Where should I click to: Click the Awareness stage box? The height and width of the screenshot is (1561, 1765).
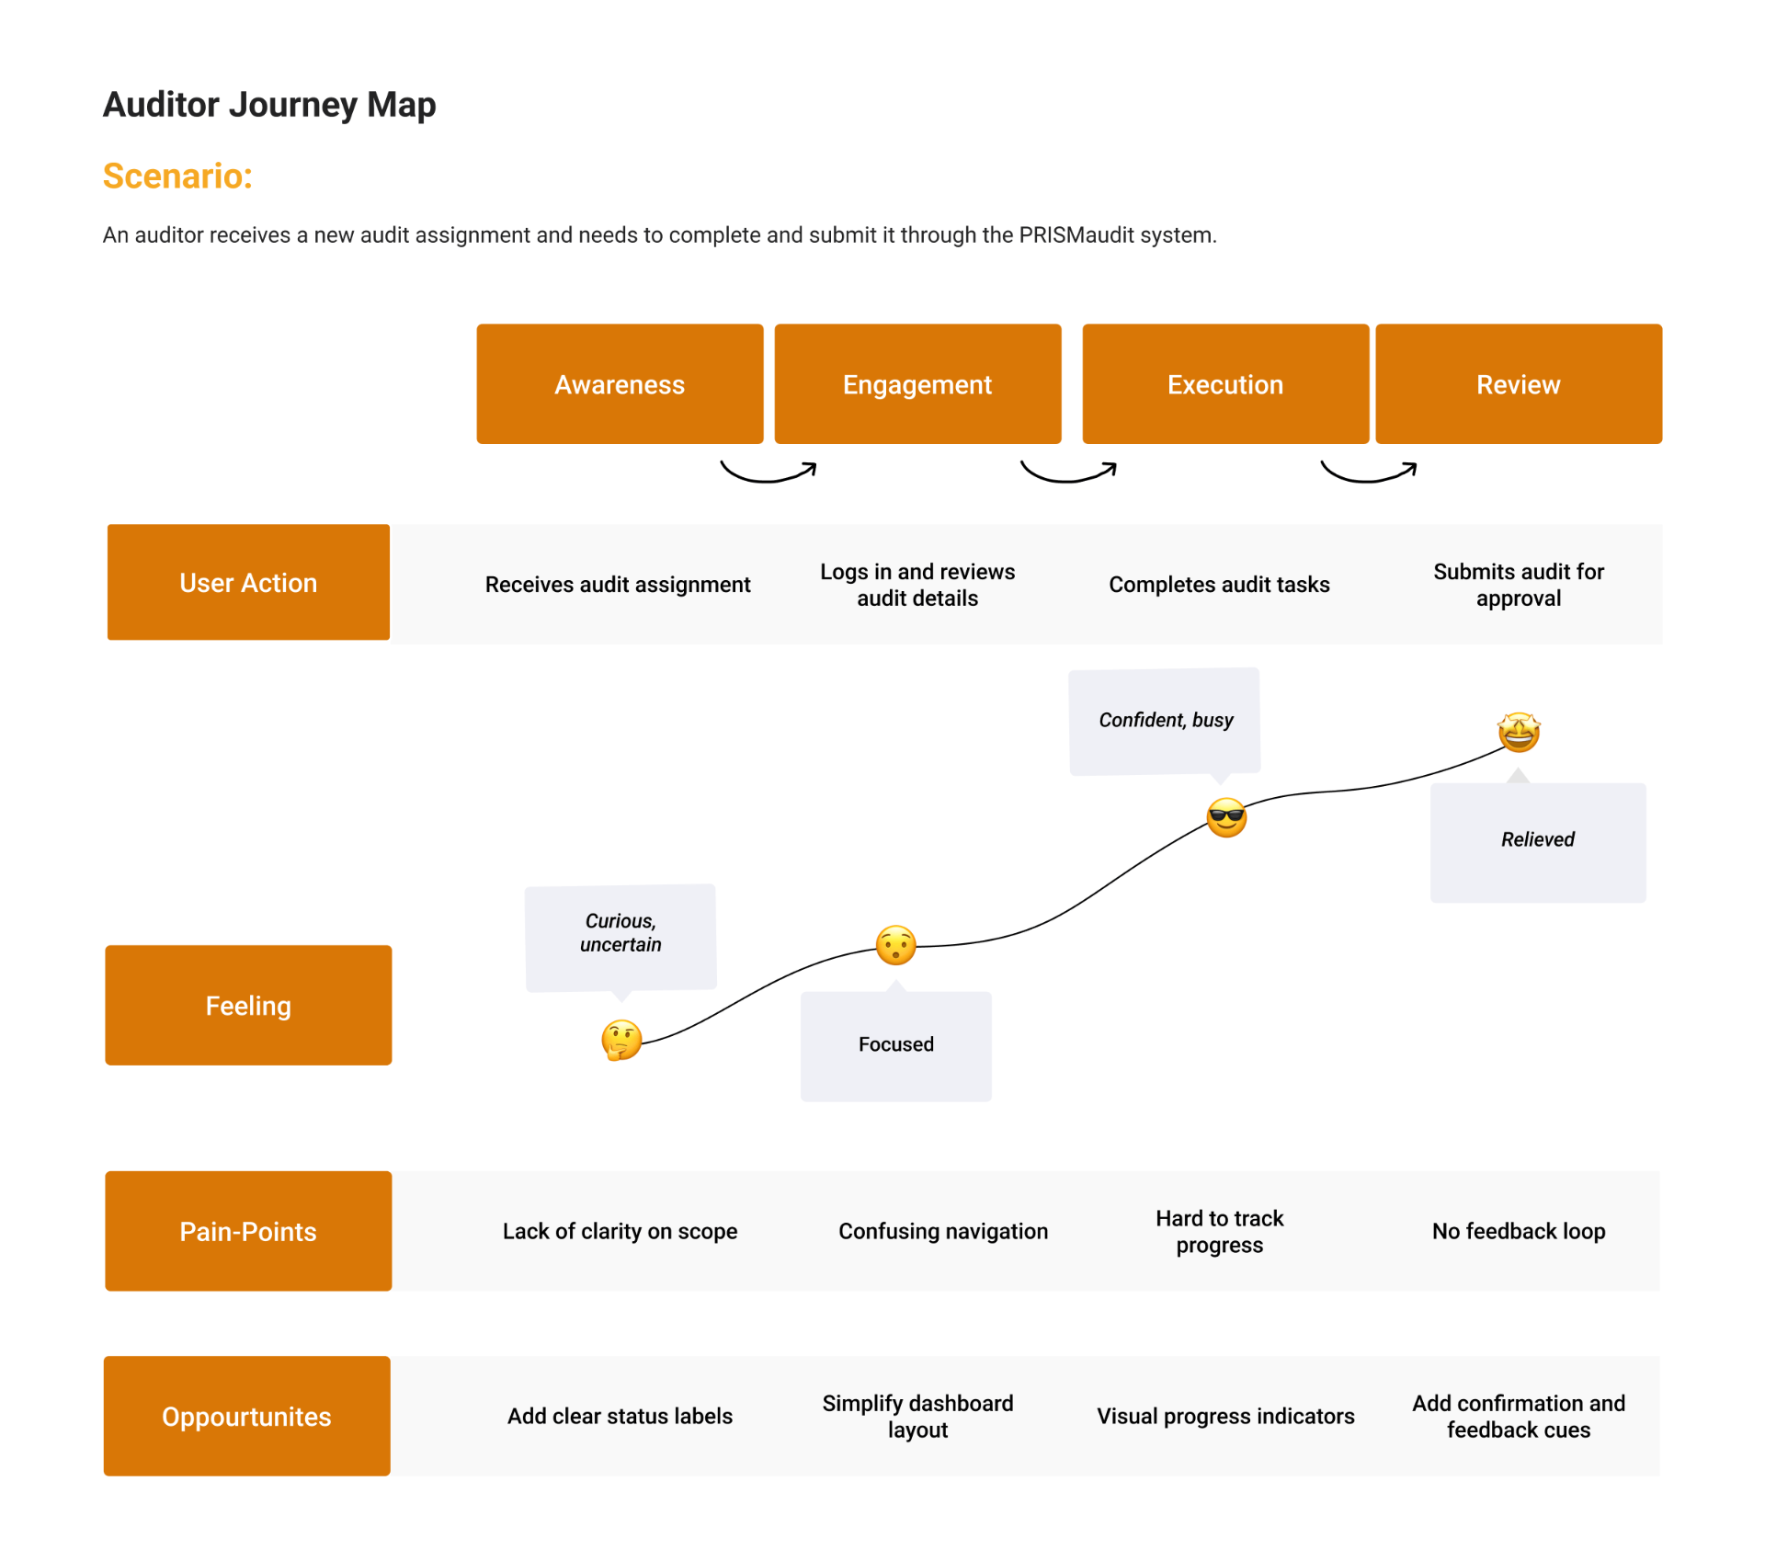pos(620,383)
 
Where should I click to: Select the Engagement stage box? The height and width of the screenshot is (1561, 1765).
pos(917,383)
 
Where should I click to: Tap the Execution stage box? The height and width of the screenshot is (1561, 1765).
pos(1225,383)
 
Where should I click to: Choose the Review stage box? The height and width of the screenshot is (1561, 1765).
pos(1519,383)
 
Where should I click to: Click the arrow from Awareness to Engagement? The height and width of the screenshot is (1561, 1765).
pos(767,479)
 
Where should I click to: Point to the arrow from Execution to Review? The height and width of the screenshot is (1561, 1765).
pos(1368,479)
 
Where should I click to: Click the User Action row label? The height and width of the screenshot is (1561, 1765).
pos(248,582)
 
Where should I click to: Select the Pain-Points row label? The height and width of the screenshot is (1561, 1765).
pos(248,1231)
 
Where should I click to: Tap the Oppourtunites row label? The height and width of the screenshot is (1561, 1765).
pos(247,1416)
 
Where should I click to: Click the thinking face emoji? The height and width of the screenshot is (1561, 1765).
pos(621,1041)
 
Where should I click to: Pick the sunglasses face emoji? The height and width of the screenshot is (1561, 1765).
pos(1226,817)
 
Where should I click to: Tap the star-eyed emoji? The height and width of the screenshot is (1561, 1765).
pos(1519,732)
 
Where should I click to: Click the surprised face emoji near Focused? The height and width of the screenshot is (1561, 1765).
pos(895,945)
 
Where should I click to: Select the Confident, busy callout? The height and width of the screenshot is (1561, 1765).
pos(1165,723)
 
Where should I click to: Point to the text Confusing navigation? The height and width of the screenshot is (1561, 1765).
pos(943,1231)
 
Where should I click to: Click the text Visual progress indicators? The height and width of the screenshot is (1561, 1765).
pos(1225,1416)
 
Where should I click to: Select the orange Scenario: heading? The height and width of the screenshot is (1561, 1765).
pos(177,176)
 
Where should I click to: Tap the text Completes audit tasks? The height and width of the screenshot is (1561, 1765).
pos(1219,584)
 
